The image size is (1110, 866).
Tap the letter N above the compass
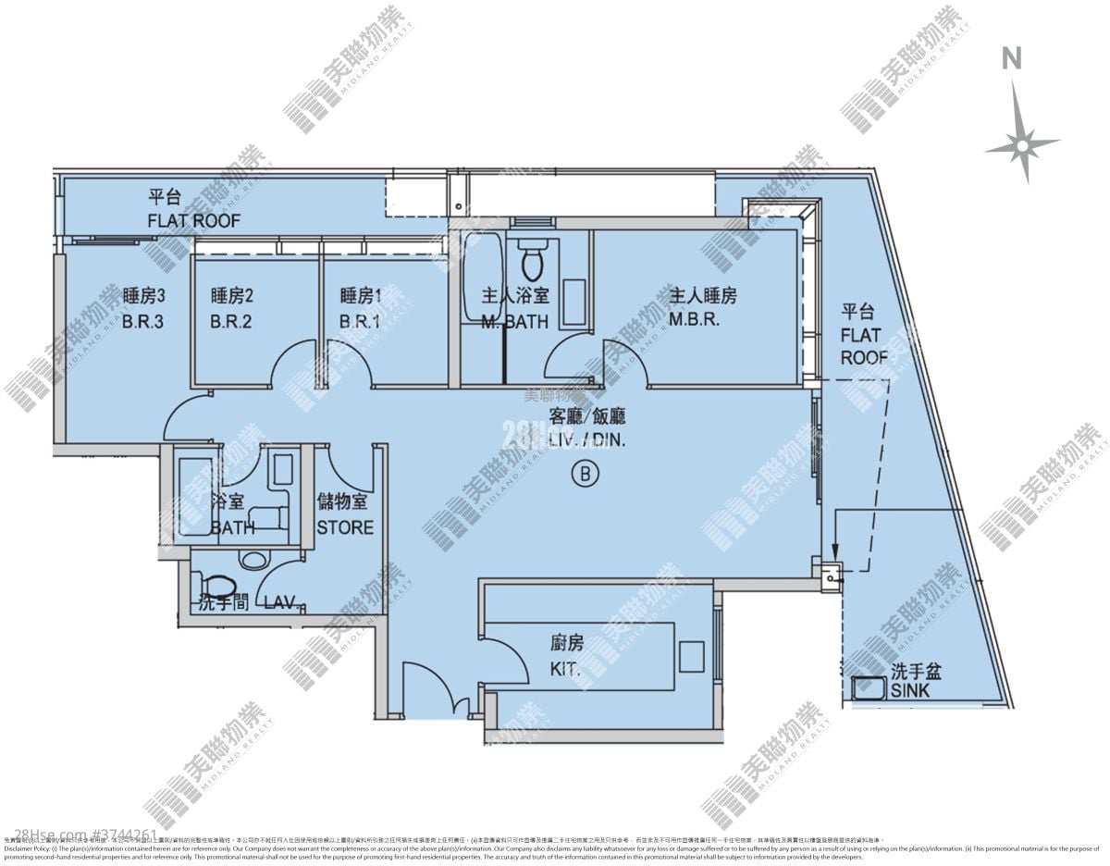(1013, 58)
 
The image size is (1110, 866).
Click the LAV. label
(279, 603)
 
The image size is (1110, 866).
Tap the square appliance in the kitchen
(691, 656)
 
